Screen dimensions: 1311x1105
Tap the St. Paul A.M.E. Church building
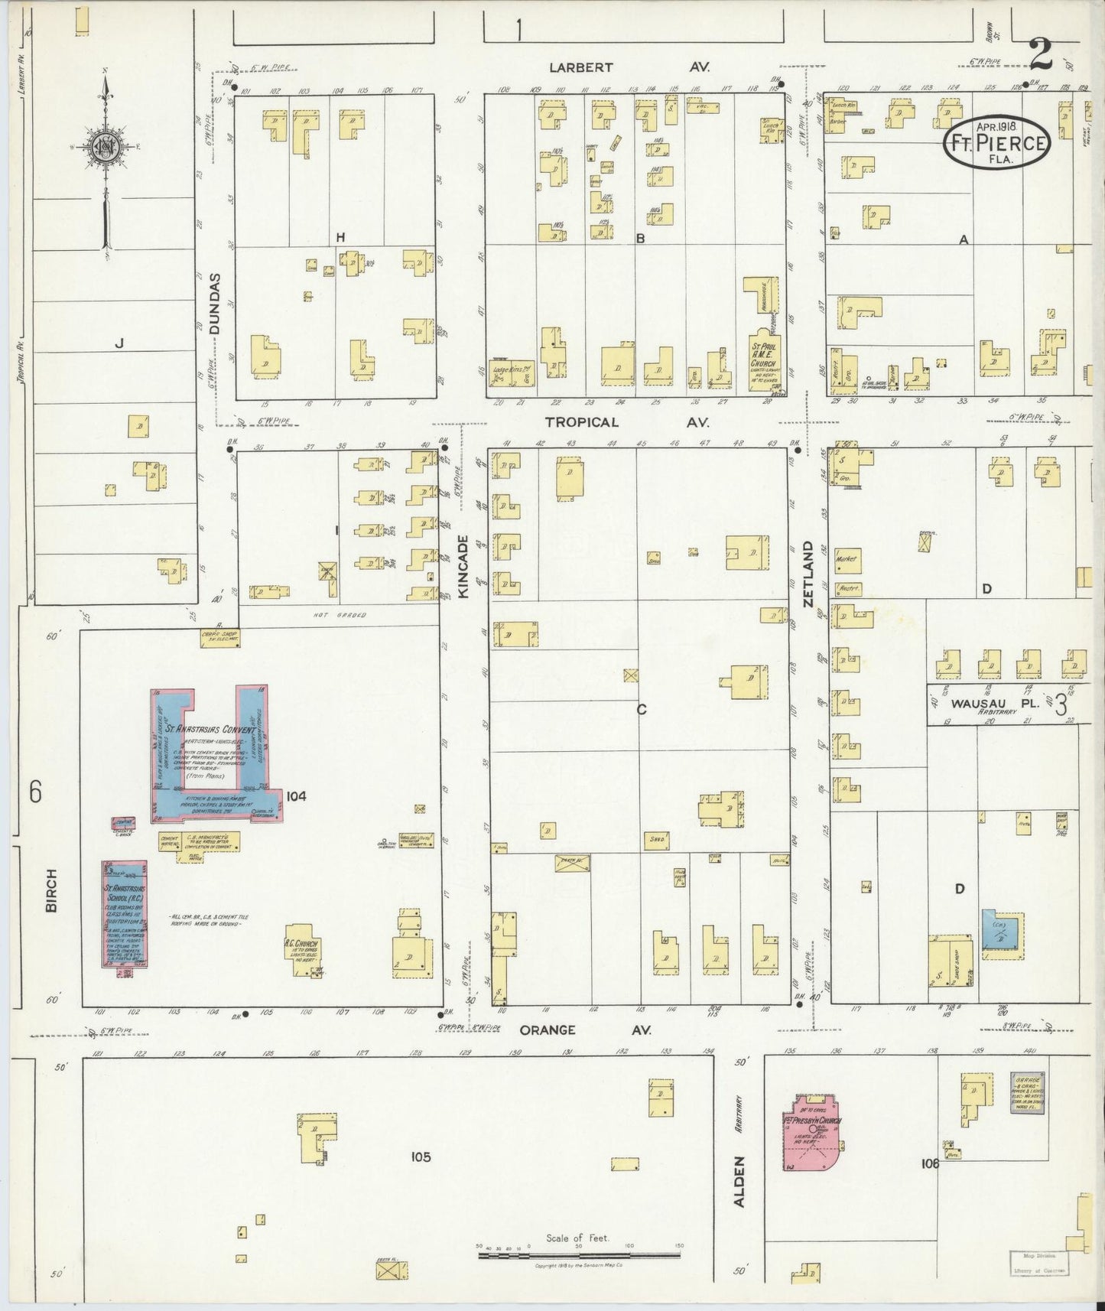[x=762, y=359]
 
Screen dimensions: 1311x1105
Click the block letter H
[x=341, y=238]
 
